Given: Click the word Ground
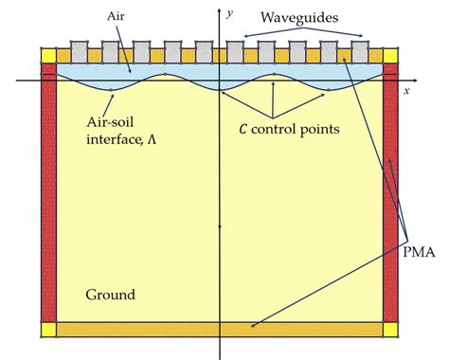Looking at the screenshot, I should click(110, 295).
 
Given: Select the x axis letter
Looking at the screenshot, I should click(405, 91).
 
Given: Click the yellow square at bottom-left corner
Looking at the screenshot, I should click(50, 330).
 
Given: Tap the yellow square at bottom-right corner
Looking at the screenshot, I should click(390, 330).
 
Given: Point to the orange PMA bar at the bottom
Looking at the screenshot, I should click(220, 330).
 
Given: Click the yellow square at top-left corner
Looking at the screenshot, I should click(50, 56).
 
